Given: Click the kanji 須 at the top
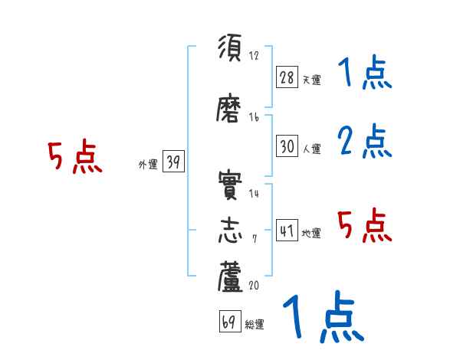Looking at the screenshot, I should [230, 47].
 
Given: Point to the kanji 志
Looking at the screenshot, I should [230, 231].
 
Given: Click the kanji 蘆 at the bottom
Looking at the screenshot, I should [230, 278].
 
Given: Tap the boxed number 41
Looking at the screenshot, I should [286, 230].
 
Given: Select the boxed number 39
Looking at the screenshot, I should [172, 162].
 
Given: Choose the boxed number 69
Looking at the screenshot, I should [228, 322].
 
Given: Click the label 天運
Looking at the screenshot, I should [310, 80].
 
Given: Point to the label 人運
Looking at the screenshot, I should [310, 149].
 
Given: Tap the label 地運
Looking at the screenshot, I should [310, 233].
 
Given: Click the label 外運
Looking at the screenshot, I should [147, 164].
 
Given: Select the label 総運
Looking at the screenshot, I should [254, 325].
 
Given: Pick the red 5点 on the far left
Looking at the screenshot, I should [75, 157].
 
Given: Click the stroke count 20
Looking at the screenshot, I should [254, 286].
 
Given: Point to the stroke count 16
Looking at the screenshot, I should [254, 117].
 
